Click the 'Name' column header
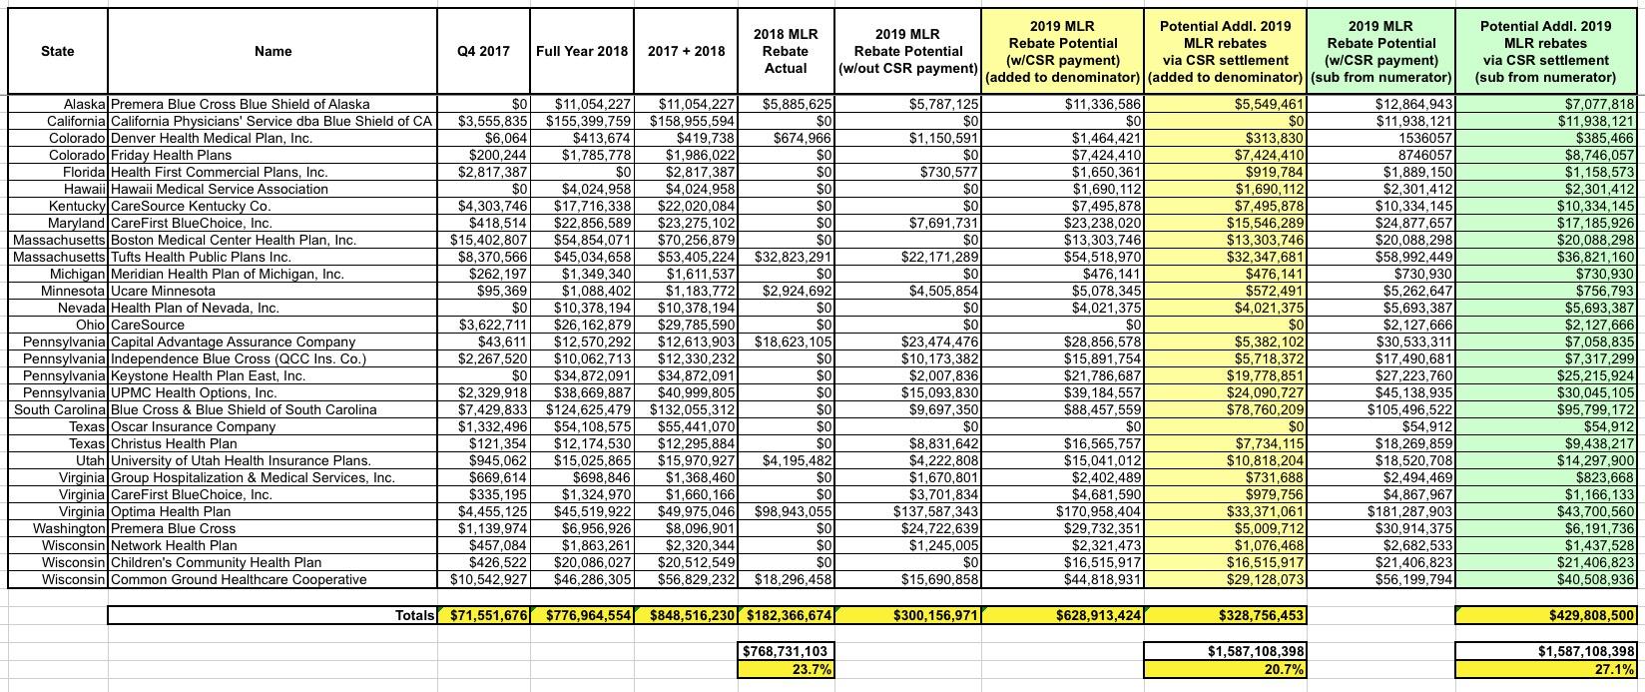[x=273, y=51]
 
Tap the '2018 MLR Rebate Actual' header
[x=786, y=51]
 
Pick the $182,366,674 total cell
[x=786, y=616]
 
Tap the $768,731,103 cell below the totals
[x=786, y=651]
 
